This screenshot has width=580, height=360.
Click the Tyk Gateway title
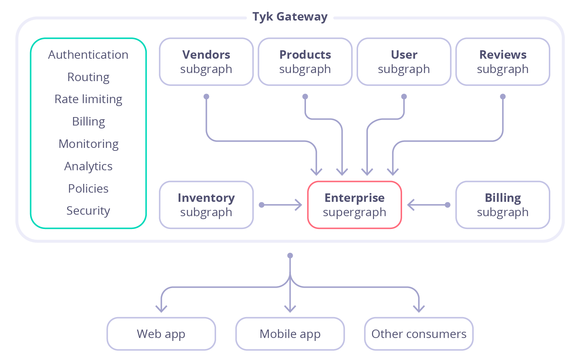(290, 17)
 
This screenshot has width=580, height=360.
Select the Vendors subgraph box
(206, 62)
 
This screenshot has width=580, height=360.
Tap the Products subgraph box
(305, 62)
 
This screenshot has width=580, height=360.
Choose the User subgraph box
(404, 62)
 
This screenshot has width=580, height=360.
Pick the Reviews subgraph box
(503, 62)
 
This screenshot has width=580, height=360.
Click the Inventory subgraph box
(206, 205)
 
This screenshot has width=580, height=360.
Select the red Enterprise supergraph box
(354, 205)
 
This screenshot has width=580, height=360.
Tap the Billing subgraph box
(503, 205)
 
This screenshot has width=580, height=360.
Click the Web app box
(161, 334)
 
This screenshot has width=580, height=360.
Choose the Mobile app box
(290, 334)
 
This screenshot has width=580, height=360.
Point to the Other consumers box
(419, 334)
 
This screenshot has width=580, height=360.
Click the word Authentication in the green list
(88, 55)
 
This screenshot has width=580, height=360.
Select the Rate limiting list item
(88, 99)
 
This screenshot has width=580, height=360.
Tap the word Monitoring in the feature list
(88, 144)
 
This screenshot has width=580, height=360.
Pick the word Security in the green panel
(88, 211)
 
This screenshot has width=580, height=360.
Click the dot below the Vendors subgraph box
(207, 97)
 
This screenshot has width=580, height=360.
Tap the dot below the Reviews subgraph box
(503, 97)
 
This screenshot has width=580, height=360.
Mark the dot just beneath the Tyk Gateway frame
(290, 255)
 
